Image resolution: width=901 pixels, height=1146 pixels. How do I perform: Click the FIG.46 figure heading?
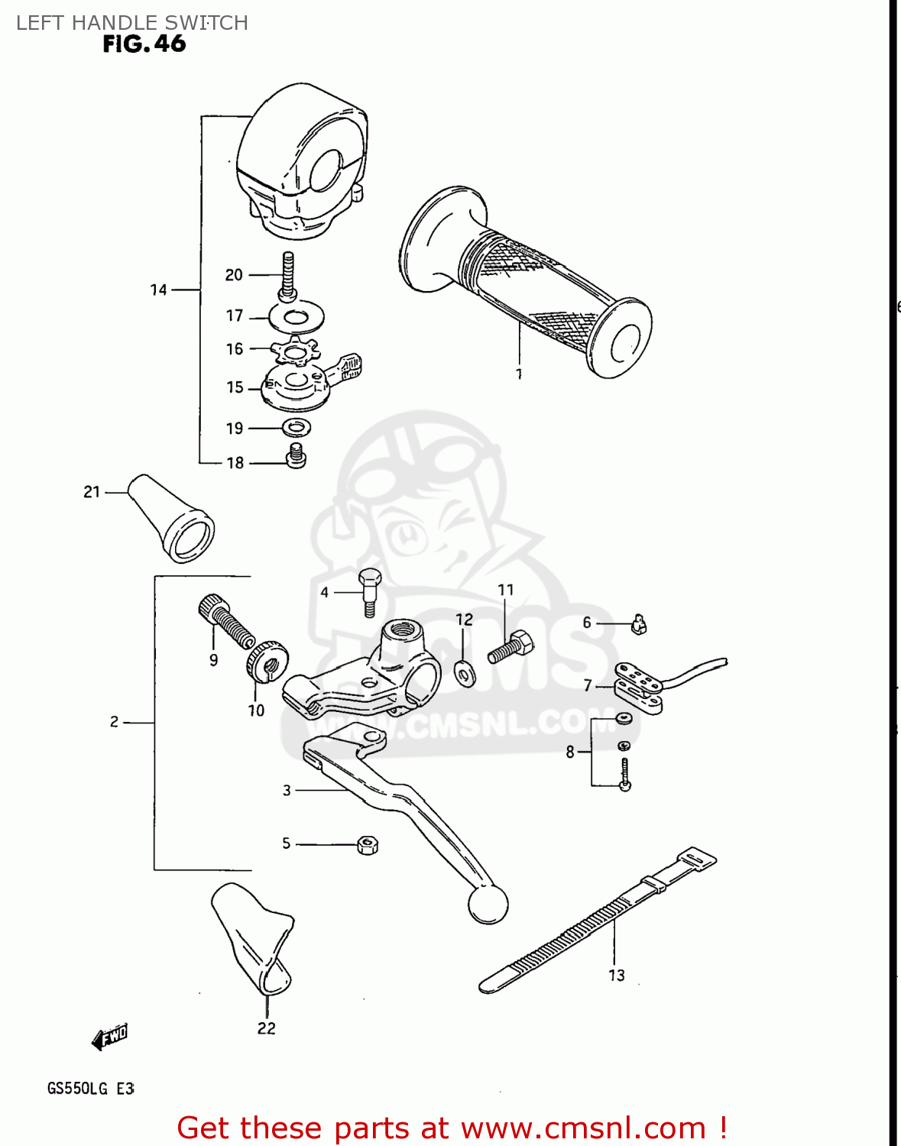[144, 44]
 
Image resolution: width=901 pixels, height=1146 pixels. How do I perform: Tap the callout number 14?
[158, 290]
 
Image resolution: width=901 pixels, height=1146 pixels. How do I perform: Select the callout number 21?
[92, 492]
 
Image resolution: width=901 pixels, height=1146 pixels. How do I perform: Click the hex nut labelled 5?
[368, 845]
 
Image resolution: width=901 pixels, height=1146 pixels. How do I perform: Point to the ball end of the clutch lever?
[488, 905]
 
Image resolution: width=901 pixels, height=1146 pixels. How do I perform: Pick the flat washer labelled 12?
[464, 672]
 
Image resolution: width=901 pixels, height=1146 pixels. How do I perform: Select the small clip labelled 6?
[639, 626]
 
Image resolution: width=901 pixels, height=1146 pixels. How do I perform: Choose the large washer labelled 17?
[297, 315]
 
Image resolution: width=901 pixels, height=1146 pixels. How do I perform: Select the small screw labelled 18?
[296, 456]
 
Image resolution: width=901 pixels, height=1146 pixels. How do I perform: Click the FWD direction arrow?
[110, 1037]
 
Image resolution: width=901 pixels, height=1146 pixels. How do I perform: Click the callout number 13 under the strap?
[617, 976]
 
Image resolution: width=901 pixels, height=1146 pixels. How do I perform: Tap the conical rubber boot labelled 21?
[172, 520]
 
